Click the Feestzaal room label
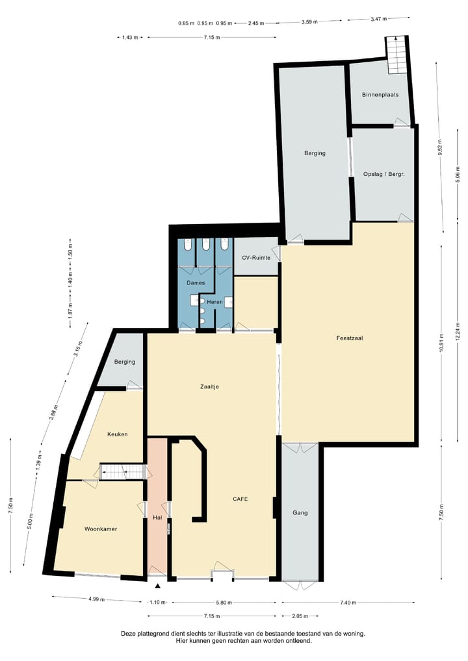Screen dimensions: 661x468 click(x=349, y=338)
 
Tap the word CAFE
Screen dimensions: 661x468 click(x=240, y=499)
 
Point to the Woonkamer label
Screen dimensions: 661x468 click(x=101, y=529)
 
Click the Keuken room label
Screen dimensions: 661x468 click(x=117, y=434)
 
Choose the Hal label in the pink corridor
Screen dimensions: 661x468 click(x=157, y=518)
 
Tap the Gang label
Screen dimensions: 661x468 click(x=300, y=512)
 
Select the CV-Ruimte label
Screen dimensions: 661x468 click(x=255, y=258)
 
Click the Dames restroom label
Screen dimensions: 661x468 click(x=196, y=283)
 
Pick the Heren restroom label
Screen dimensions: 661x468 click(x=215, y=302)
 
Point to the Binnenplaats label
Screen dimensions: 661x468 click(x=380, y=95)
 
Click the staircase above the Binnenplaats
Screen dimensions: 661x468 click(x=396, y=55)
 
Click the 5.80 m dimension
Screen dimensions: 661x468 click(x=221, y=603)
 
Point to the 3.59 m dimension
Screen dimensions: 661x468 click(x=309, y=23)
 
